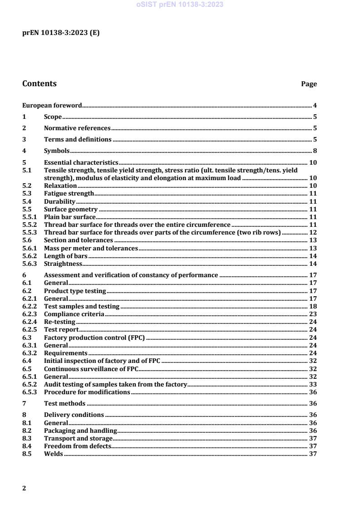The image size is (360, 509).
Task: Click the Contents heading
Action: pos(39,83)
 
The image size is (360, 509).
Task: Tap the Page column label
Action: pos(309,84)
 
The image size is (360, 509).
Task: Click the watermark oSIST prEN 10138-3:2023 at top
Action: pos(180,5)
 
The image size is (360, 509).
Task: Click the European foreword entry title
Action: pos(52,105)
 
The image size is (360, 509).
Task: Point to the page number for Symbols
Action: pos(315,151)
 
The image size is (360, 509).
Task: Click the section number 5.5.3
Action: pos(30,233)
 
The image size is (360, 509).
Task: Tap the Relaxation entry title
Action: pos(60,186)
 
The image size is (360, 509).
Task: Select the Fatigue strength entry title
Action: pos(69,194)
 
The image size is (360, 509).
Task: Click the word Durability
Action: pos(59,201)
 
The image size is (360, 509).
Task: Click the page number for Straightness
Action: pos(313,264)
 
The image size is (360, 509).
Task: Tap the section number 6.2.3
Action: pos(30,314)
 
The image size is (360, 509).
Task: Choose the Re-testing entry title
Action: pos(59,322)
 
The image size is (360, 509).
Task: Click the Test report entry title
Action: pos(61,330)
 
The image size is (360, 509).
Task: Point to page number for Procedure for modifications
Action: pos(313,392)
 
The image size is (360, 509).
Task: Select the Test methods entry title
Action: pos(64,403)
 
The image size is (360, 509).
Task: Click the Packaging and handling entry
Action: pos(80,431)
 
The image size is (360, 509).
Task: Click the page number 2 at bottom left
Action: pos(24,488)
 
